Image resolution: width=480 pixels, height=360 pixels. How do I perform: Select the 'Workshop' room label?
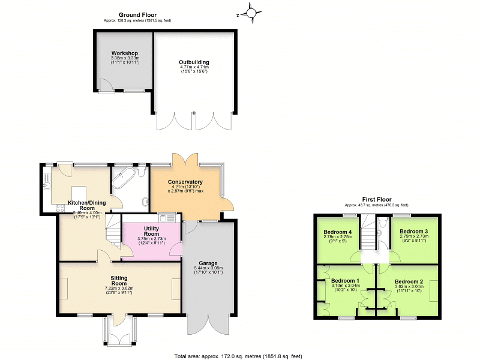[x=125, y=53]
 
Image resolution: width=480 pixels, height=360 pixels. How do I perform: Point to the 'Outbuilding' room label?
[x=194, y=62]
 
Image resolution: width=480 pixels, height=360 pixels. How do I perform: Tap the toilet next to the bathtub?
[x=142, y=173]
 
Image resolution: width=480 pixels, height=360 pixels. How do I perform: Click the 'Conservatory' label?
[x=185, y=182]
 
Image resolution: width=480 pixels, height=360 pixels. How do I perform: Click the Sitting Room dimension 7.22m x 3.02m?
[x=119, y=289]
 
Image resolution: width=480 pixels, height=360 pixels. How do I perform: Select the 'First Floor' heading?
[x=377, y=199]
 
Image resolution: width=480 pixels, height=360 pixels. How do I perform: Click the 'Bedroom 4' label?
[x=337, y=232]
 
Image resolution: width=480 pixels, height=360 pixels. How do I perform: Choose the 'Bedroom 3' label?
[x=413, y=231]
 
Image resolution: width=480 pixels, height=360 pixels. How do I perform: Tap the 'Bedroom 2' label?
[x=409, y=281]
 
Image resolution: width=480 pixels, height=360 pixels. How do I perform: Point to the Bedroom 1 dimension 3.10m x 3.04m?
[x=345, y=287]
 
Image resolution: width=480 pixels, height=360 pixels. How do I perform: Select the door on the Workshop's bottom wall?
[x=105, y=89]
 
